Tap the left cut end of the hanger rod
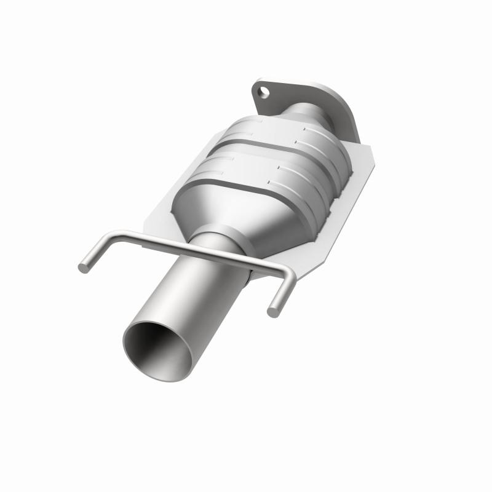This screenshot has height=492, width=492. [82, 268]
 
